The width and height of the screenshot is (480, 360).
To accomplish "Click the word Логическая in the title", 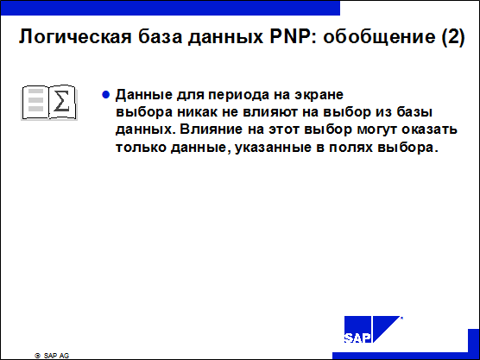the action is [75, 37].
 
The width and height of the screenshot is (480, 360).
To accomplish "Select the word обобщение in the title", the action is [379, 36].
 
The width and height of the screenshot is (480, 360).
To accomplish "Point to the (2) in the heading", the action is [453, 37].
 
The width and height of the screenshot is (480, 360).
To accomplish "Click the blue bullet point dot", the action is [105, 95].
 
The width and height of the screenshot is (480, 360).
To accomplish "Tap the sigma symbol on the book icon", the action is [61, 101].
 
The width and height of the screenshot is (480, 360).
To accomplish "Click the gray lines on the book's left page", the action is [35, 100].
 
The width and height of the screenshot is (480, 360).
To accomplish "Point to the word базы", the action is [414, 111].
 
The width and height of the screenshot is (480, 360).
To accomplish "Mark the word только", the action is [141, 148].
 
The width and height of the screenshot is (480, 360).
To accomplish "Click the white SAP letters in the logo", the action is [357, 338].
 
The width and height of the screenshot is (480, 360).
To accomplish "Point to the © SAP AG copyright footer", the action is [52, 356].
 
